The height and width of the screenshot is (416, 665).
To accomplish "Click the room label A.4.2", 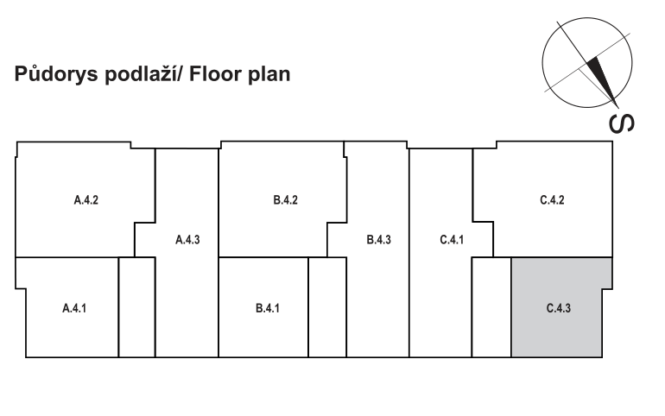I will click(85, 201).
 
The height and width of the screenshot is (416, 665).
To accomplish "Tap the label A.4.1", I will click(73, 307).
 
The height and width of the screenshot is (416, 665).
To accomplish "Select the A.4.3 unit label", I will click(187, 240).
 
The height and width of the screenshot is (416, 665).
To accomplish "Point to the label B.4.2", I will click(286, 201).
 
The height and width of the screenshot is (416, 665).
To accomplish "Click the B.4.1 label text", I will click(268, 307).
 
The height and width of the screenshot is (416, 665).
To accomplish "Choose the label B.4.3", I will click(379, 240).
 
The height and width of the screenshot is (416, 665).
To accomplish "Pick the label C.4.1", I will click(452, 240).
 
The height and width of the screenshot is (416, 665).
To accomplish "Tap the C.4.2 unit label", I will click(552, 201).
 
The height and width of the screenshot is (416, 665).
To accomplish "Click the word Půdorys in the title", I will click(54, 75).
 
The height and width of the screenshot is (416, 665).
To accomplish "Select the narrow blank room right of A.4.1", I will click(136, 307).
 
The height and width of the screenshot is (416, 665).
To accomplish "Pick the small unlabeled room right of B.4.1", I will click(326, 307).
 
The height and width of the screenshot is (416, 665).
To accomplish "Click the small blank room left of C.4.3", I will click(491, 307).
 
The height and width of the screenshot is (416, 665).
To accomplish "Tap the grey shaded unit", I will click(561, 328).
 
